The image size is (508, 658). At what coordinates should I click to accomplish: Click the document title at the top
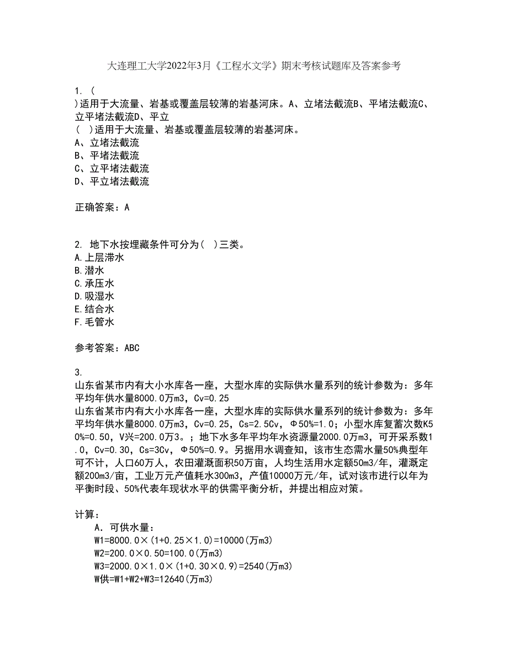point(253,66)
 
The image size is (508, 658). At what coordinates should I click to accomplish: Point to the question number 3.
point(78,372)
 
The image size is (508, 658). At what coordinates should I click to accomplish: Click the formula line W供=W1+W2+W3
point(154,579)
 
